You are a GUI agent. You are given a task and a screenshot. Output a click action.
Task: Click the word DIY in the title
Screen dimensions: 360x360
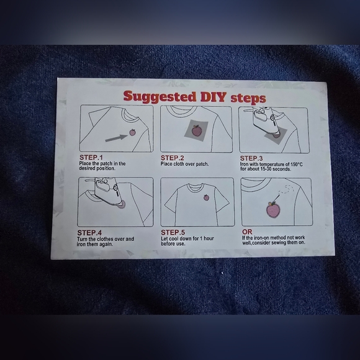pyautogui.click(x=214, y=97)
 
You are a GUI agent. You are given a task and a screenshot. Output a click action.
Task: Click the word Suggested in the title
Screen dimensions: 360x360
pyautogui.click(x=160, y=96)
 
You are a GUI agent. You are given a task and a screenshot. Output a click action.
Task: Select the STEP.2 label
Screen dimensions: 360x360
pyautogui.click(x=173, y=158)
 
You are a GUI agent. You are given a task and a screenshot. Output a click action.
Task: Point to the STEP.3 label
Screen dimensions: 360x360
pyautogui.click(x=251, y=158)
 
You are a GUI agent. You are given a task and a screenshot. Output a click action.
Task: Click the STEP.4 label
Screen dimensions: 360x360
pyautogui.click(x=89, y=233)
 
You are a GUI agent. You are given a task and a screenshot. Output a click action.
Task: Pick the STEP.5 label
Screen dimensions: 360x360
pyautogui.click(x=173, y=232)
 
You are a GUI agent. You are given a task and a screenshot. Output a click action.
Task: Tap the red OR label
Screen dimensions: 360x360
pyautogui.click(x=247, y=232)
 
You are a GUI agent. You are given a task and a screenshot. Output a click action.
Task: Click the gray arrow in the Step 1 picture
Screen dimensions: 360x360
pyautogui.click(x=116, y=138)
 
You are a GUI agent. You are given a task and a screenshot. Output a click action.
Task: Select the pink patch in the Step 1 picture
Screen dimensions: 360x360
pyautogui.click(x=132, y=132)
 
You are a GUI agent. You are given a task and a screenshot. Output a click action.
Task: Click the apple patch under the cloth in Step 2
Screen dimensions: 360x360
pyautogui.click(x=197, y=130)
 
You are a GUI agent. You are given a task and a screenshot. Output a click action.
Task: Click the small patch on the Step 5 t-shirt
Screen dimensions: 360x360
pyautogui.click(x=207, y=197)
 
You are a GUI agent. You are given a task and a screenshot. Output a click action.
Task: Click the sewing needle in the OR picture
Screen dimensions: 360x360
pyautogui.click(x=276, y=197)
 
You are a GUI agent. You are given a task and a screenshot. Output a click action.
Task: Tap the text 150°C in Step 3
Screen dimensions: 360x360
pyautogui.click(x=297, y=164)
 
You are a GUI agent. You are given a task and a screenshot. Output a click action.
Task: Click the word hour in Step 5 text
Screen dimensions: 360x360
pyautogui.click(x=209, y=238)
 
